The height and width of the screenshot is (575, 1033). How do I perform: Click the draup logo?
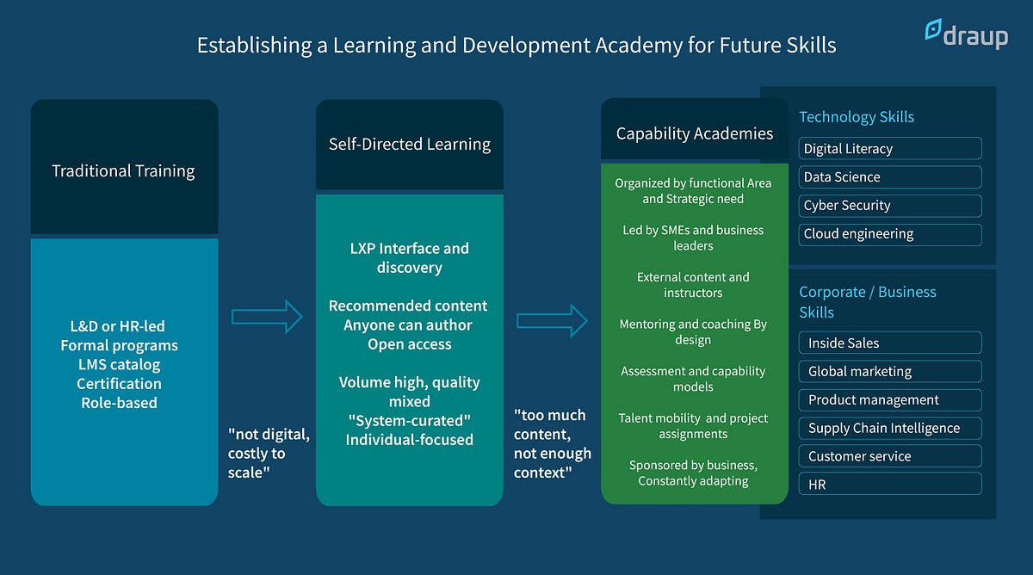coord(966,34)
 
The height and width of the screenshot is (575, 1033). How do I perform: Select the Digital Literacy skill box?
coord(890,148)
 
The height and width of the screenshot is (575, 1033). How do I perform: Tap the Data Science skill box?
coord(890,176)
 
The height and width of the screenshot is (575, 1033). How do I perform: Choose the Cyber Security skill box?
coord(890,205)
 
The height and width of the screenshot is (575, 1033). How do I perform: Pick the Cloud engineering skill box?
coord(890,233)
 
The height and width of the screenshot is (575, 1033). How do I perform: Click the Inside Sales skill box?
coord(890,343)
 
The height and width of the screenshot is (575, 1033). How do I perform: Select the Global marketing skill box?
coord(890,371)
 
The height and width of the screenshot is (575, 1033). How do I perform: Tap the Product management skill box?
coord(890,399)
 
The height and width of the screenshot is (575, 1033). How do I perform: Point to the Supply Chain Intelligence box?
coord(890,428)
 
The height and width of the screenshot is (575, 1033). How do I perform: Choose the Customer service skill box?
coord(890,456)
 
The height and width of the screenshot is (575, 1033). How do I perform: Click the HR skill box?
coord(890,485)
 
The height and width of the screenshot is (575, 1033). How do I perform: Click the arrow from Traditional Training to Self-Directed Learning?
coord(267,317)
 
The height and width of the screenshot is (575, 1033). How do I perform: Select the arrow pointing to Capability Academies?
coord(552,321)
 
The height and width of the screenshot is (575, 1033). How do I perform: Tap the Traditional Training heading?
coord(123,170)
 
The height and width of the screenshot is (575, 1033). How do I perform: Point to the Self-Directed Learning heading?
coord(410,144)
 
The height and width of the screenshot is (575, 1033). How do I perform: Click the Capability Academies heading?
coord(694,133)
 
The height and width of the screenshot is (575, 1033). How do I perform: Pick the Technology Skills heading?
coord(857,117)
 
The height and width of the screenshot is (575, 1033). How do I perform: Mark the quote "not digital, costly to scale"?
coord(268,453)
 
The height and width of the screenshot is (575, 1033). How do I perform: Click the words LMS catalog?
coord(119,364)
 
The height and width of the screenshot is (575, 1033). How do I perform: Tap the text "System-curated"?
coord(409,420)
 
